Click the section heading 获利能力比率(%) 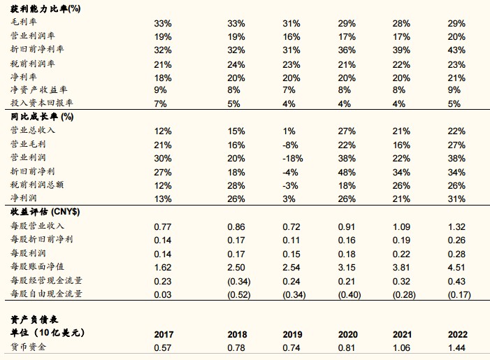45,9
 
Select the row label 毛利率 24,22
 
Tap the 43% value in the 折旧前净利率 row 456,50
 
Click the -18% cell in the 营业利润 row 292,159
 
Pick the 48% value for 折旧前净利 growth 347,172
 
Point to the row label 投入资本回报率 41,103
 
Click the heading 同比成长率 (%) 42,117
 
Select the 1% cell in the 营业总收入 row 289,131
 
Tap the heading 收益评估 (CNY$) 45,212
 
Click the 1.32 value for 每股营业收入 456,226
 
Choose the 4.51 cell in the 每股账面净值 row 456,268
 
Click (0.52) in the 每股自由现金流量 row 239,295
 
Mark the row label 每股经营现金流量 46,280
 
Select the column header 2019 292,334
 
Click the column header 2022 458,334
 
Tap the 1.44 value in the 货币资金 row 456,347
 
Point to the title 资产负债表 34,319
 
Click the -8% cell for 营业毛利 290,145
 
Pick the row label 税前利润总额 37,185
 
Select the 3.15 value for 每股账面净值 347,268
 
